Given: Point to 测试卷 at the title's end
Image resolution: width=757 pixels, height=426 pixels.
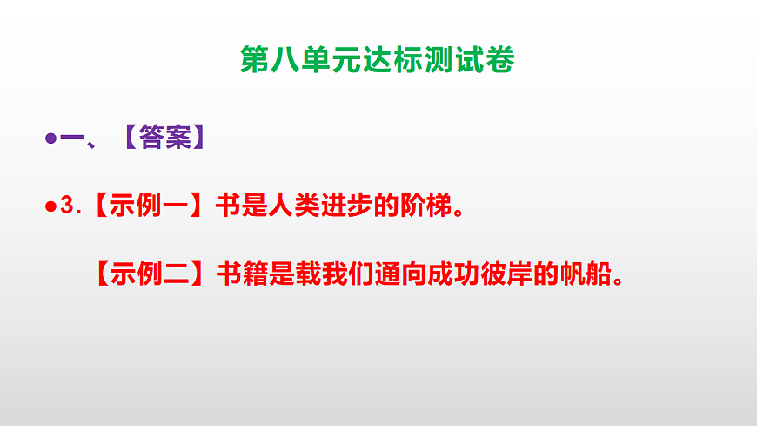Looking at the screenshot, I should (x=471, y=61).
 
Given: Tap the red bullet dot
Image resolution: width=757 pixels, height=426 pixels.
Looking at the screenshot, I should (x=50, y=206).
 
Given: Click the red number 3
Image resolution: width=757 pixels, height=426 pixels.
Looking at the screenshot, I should (x=67, y=206).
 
